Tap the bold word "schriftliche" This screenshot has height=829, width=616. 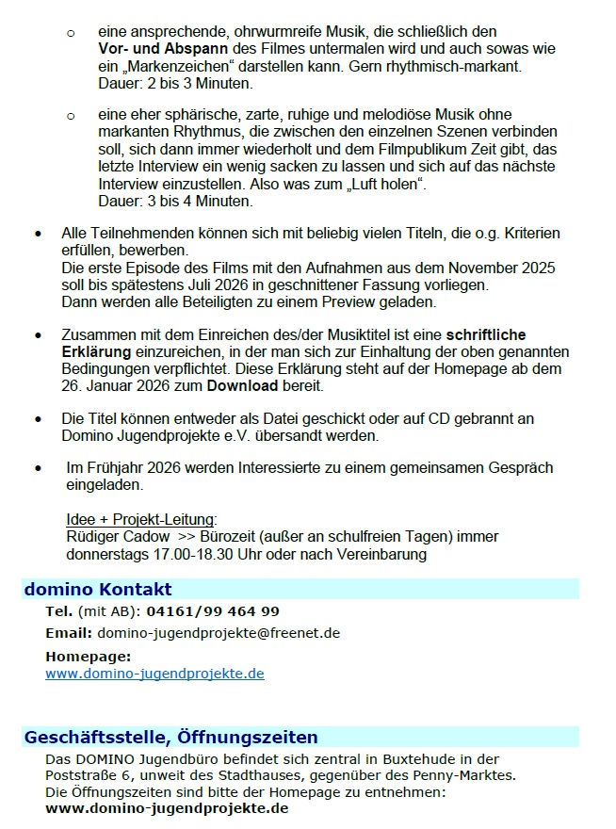tap(486, 334)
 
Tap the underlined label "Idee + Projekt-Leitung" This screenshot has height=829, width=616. tap(141, 520)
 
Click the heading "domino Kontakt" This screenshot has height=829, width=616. tap(98, 590)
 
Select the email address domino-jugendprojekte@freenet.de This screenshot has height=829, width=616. tap(219, 633)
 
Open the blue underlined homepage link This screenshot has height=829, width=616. tap(154, 675)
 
